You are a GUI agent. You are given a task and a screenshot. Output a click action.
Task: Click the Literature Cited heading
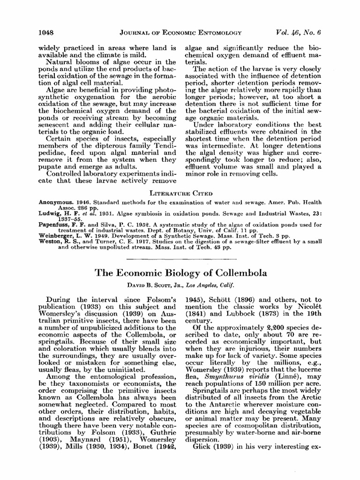pyautogui.click(x=180, y=193)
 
